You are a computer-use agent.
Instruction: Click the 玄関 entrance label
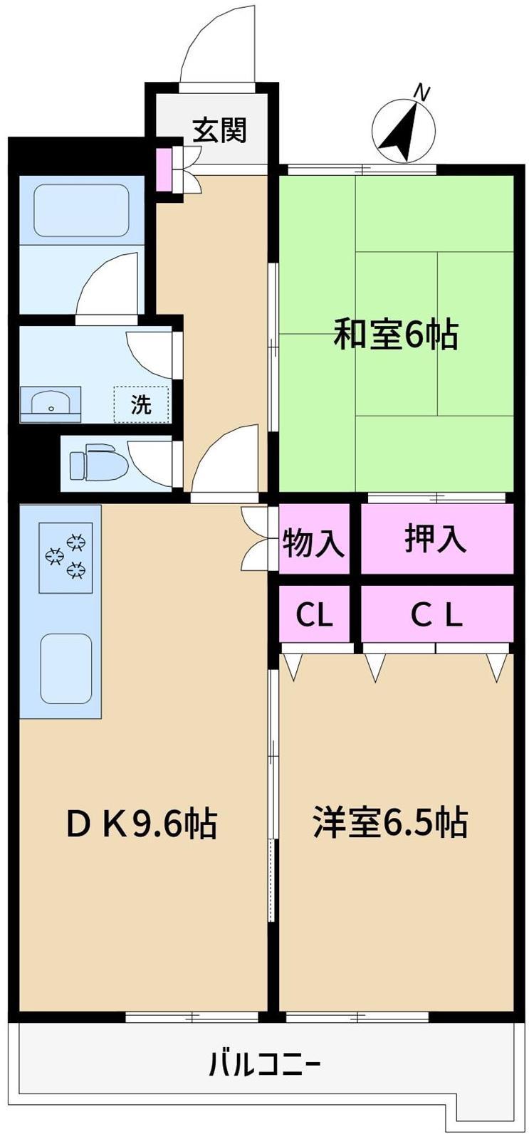coord(220,130)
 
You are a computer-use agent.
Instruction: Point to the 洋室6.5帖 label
coord(389,822)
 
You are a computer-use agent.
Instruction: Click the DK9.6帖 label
coord(142,823)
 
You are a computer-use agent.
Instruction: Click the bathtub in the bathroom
coord(81,210)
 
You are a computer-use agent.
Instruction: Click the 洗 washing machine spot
coord(141,404)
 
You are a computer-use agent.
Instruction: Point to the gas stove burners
coord(66,557)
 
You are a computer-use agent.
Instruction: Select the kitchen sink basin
coord(66,668)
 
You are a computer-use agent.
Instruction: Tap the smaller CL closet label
coord(315,616)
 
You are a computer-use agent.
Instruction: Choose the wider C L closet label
coord(436,616)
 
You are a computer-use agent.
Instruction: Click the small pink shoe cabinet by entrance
coord(164,169)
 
